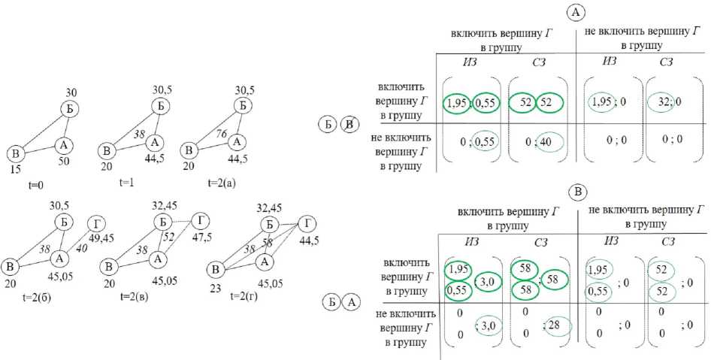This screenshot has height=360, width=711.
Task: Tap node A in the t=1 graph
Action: (x=154, y=142)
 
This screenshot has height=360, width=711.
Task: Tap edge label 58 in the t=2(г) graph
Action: (x=269, y=244)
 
